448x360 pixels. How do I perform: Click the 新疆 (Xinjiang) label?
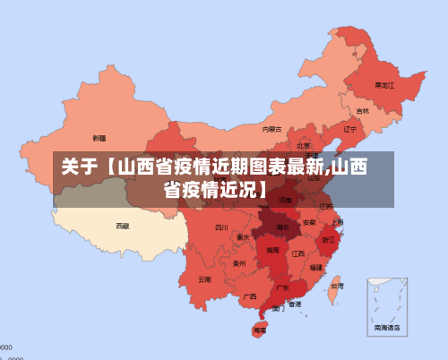[99, 138]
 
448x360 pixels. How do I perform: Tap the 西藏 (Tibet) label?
[123, 226]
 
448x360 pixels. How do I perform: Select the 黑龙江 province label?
[384, 86]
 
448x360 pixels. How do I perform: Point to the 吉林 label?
[362, 111]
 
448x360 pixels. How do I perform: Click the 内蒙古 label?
[271, 129]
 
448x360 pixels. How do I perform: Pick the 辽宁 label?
[350, 128]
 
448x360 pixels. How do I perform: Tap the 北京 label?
[304, 145]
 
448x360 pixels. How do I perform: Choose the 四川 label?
[221, 227]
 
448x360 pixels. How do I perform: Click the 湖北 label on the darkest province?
[283, 227]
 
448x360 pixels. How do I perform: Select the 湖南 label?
[272, 251]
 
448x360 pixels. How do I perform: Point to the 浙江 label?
[329, 240]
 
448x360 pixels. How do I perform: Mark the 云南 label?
[205, 279]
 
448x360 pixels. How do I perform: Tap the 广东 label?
[281, 287]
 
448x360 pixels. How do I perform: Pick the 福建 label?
[315, 267]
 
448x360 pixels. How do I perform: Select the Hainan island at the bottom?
[260, 330]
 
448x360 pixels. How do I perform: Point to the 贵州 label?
[239, 263]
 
